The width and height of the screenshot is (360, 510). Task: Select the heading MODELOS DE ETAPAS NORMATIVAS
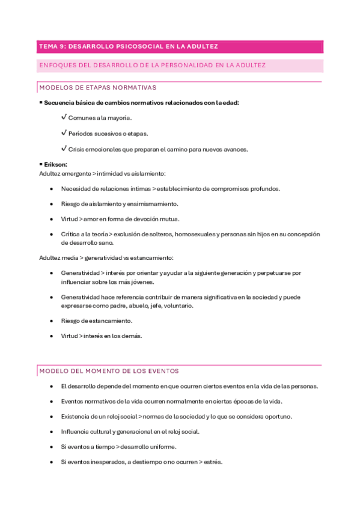coord(97,88)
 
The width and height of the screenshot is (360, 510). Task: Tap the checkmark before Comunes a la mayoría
coord(64,117)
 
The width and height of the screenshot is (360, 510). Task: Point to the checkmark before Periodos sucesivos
coord(64,133)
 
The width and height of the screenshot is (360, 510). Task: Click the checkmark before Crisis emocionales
coord(64,149)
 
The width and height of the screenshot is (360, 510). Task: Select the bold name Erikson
coord(55,164)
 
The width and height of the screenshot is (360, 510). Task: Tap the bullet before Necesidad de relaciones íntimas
coord(52,189)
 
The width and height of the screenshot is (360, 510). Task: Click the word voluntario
coord(178,306)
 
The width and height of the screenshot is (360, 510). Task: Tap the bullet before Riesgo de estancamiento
coord(52,321)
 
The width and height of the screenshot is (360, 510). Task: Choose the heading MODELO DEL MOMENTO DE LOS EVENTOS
coord(109,371)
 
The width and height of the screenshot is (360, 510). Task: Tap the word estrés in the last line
coord(213,462)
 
